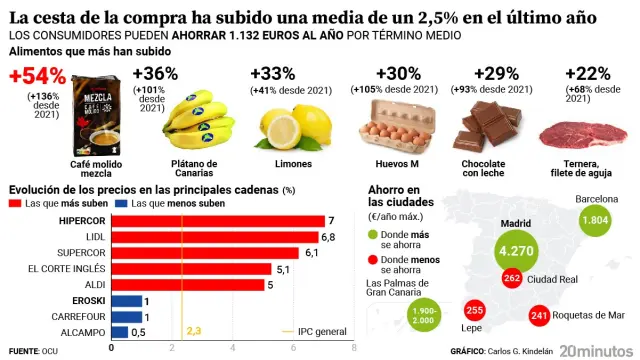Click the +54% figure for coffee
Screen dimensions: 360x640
click(x=38, y=76)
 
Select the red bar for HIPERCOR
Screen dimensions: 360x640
click(x=217, y=220)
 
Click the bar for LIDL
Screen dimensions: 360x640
click(x=214, y=236)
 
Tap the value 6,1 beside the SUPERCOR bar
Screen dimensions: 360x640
click(x=311, y=252)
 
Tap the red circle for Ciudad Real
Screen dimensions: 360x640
click(x=513, y=279)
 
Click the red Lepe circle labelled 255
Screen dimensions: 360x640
click(x=475, y=310)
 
